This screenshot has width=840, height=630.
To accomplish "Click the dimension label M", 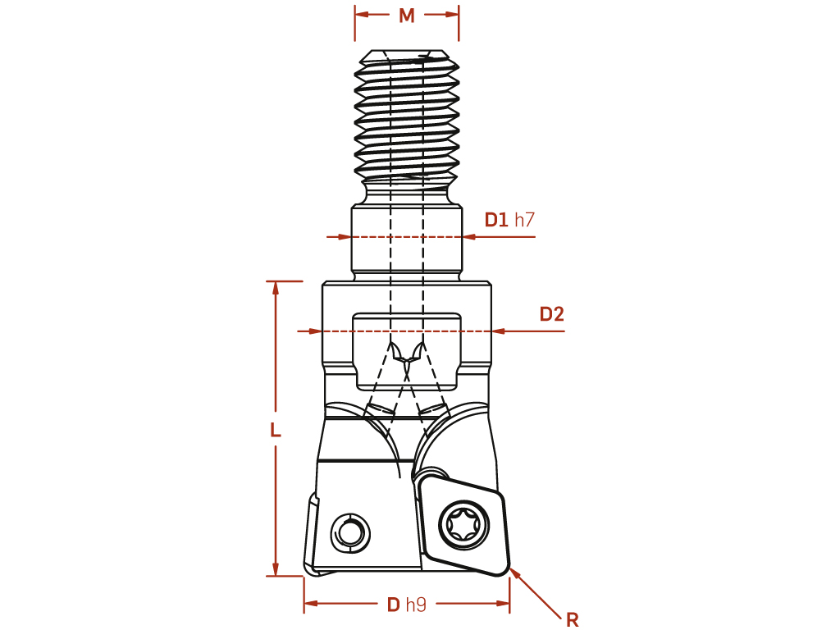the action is point(407,16).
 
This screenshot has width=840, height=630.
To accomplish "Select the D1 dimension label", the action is point(496,220).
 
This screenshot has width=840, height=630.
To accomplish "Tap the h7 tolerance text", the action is point(524,220).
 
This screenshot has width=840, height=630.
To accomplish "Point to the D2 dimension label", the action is point(552,314).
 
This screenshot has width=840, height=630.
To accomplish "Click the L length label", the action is point(276,430).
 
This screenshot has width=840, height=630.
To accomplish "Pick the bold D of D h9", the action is point(394,605).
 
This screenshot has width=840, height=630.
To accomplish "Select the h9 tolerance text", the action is point(416,605).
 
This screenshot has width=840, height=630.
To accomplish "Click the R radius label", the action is point(572,620).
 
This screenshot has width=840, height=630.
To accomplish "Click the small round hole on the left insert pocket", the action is point(350,534).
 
